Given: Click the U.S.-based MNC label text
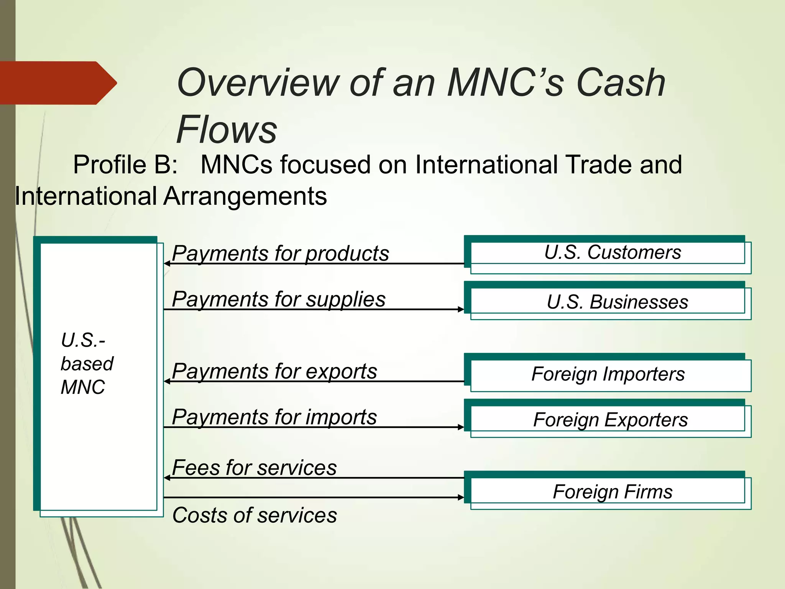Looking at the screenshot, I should [x=87, y=364].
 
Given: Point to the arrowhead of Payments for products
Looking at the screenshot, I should [x=167, y=263].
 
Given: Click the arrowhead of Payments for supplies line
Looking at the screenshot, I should [x=461, y=309].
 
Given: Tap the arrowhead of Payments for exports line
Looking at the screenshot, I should [x=167, y=381].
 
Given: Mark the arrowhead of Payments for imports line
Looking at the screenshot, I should [x=461, y=427].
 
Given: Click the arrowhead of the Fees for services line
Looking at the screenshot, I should [x=167, y=478].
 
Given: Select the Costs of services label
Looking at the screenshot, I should [x=255, y=515].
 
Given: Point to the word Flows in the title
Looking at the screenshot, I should [x=226, y=129].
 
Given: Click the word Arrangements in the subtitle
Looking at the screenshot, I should [x=245, y=196].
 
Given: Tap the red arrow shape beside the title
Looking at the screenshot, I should [x=57, y=83].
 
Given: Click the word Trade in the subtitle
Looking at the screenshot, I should [x=599, y=165].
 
